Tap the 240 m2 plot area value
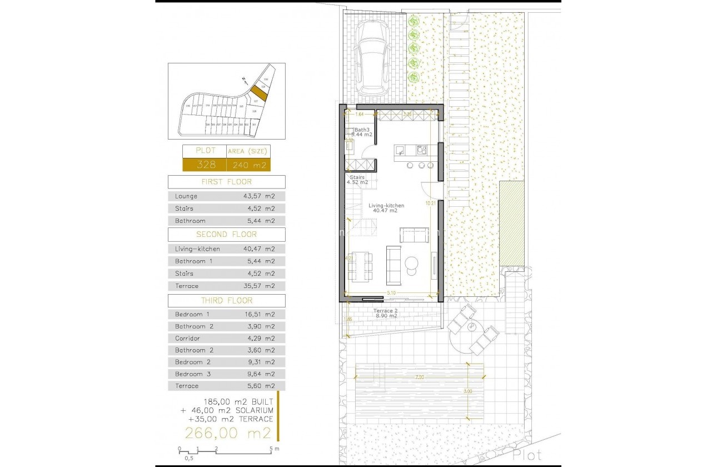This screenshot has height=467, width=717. (248, 165)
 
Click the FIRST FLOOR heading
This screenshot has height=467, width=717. (226, 182)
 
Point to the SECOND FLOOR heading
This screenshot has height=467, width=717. (226, 234)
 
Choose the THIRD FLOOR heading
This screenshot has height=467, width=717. (226, 301)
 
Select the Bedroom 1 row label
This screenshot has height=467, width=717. (192, 314)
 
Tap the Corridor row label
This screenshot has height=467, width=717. (187, 338)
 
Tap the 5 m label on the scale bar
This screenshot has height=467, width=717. (273, 448)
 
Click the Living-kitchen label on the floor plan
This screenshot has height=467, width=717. (386, 206)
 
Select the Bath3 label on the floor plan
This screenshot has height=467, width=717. (362, 130)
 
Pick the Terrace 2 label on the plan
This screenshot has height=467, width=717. (385, 311)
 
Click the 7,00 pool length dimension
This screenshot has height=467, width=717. (419, 377)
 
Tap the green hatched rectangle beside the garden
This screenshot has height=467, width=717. (512, 223)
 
